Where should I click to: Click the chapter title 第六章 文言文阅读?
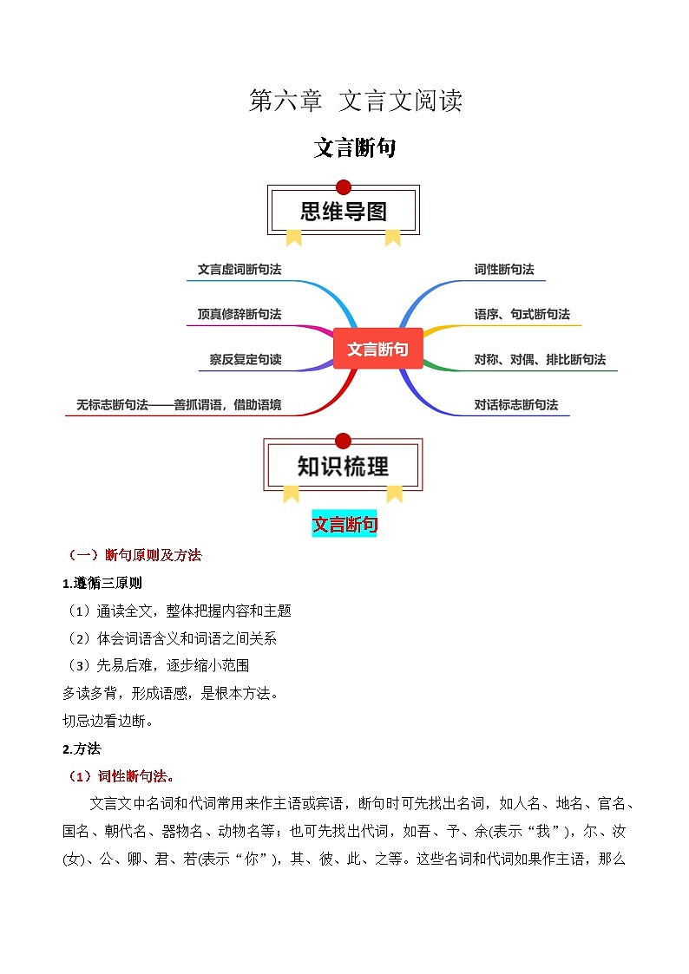click(x=355, y=101)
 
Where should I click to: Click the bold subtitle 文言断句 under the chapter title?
click(x=355, y=148)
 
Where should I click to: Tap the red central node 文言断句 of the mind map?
click(x=377, y=349)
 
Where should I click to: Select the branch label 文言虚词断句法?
click(x=240, y=269)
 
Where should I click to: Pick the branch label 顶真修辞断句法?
click(x=240, y=314)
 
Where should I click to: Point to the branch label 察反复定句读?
click(x=246, y=359)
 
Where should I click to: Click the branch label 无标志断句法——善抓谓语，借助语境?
click(x=178, y=404)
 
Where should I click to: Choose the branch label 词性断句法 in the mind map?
click(x=503, y=269)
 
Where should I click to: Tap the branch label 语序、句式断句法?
click(x=522, y=314)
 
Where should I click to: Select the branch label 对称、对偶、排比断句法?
click(x=540, y=359)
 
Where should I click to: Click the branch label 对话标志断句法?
click(x=515, y=404)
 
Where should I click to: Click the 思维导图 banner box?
click(x=344, y=211)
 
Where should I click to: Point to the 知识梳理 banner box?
click(x=344, y=466)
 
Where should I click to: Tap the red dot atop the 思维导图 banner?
click(x=344, y=186)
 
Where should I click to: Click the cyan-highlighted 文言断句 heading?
click(x=344, y=524)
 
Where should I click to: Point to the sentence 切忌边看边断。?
click(x=108, y=721)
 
